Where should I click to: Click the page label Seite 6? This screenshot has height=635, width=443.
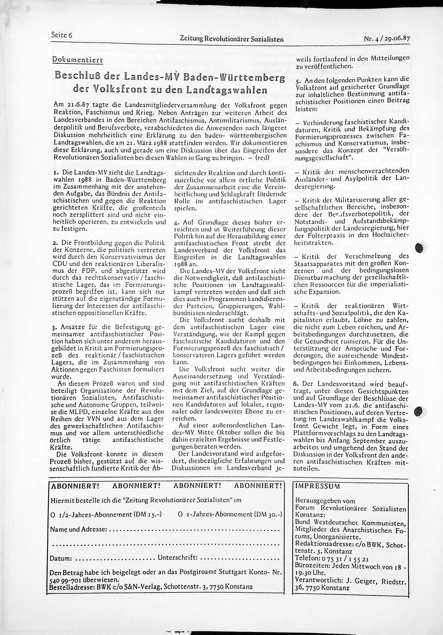(x=61, y=35)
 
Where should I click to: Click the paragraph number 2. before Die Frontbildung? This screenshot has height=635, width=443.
(x=54, y=243)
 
